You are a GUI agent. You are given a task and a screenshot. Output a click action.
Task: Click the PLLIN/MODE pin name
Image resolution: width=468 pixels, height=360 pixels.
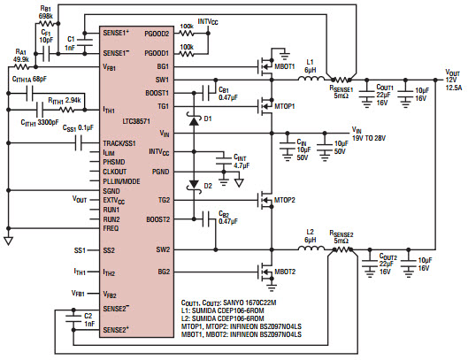[x=120, y=180]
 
